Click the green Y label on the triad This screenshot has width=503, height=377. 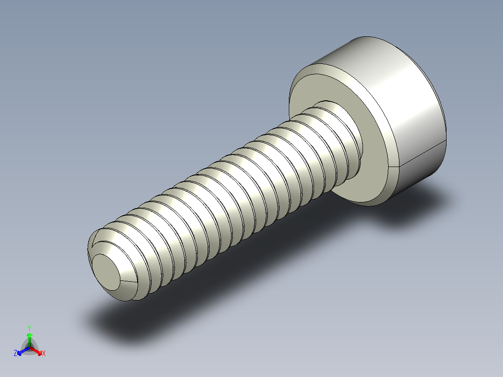(29, 328)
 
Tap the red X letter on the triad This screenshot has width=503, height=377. (43, 354)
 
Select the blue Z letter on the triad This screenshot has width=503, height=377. (15, 354)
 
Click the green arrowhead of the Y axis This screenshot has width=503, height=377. (29, 335)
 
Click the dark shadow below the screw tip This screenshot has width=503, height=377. (121, 327)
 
